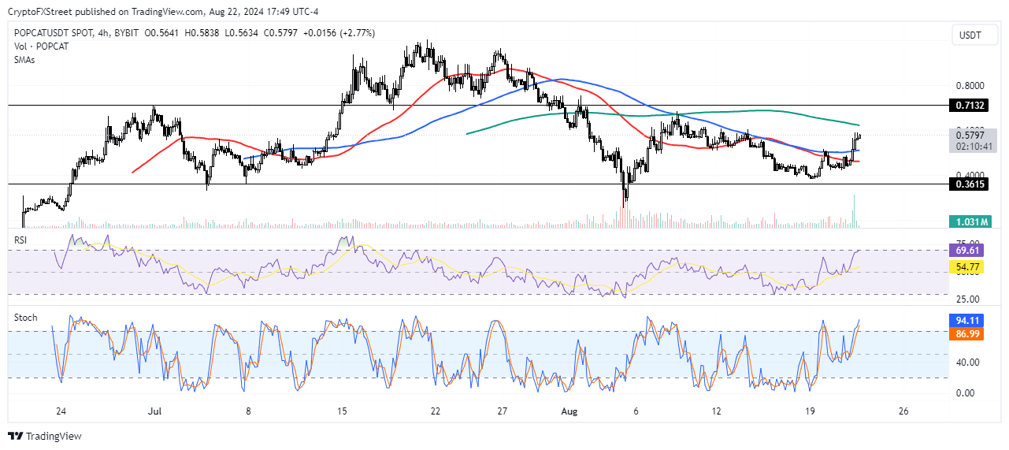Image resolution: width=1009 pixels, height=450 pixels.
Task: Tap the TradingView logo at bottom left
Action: (x=45, y=436)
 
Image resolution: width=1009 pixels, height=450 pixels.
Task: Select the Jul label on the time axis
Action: (x=155, y=411)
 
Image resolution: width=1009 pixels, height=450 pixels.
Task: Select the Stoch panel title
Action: (x=25, y=318)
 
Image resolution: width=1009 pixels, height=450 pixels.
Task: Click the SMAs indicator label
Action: (x=25, y=60)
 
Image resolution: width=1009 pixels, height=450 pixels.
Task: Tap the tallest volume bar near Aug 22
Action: (x=854, y=212)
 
